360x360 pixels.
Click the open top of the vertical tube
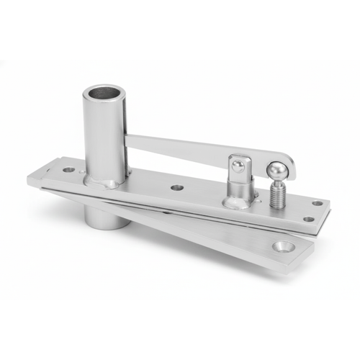[x=105, y=94]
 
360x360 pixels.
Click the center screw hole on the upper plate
[x=176, y=188]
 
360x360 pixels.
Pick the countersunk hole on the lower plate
[x=281, y=247]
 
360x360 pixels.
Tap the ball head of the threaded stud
[x=276, y=171]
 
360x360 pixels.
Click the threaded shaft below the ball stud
[x=277, y=193]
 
